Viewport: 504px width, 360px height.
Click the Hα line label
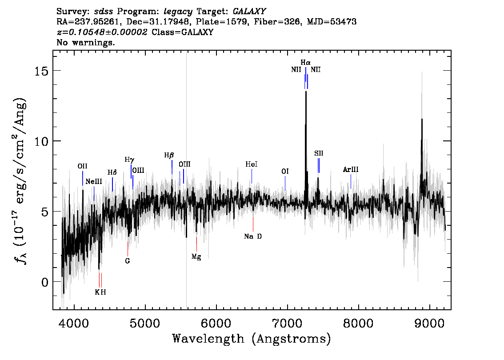tap(305, 62)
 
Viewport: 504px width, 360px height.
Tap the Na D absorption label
tap(253, 236)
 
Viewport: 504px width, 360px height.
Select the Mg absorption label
tap(196, 257)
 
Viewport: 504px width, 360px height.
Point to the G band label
tap(128, 261)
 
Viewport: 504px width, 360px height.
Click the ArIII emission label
tap(351, 169)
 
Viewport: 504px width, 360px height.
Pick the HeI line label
tap(252, 164)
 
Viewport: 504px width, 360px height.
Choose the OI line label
tap(285, 171)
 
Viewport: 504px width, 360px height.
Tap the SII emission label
tap(319, 153)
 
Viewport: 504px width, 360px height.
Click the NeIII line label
tap(94, 182)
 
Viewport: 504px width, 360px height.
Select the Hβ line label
tap(169, 156)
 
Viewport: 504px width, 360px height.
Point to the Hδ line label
tap(112, 172)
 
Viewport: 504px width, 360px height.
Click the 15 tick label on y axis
tap(41, 70)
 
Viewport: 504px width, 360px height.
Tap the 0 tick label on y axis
tap(45, 282)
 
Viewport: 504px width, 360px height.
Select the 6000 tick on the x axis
tap(216, 323)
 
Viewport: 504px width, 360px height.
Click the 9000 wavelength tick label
tap(429, 323)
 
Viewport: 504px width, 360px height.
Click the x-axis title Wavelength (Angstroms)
tap(252, 339)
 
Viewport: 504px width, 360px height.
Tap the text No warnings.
tap(85, 42)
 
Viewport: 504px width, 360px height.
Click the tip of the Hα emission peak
tap(306, 92)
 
